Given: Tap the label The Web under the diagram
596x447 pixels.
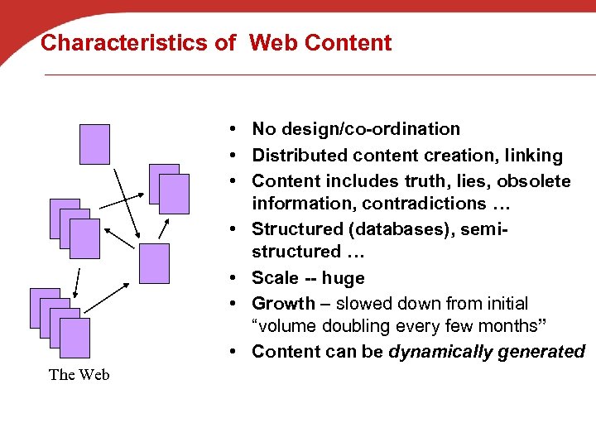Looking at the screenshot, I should [79, 374].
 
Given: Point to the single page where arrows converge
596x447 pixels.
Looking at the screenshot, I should [154, 263].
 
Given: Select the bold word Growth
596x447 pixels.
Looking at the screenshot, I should [283, 304].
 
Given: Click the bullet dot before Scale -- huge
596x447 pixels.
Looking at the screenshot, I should [237, 278].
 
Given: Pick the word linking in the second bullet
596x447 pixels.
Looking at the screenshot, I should [532, 156].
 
